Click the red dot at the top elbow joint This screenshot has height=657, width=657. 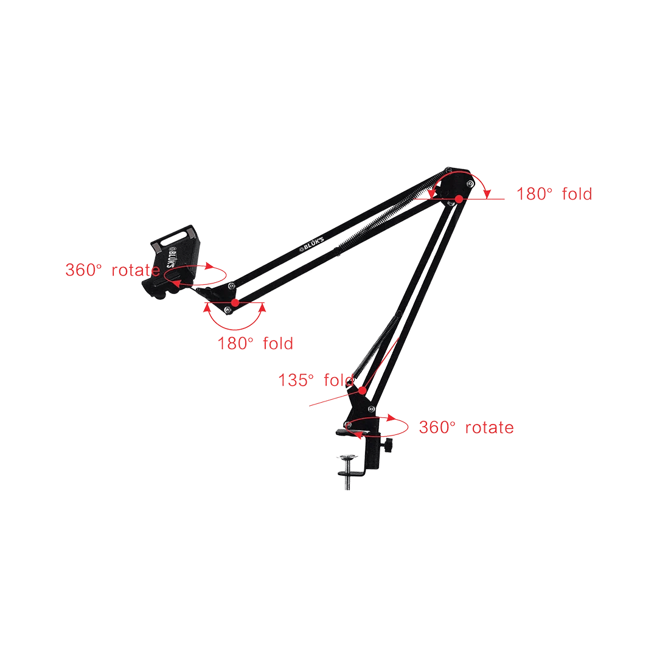click(459, 199)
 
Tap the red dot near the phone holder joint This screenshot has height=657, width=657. click(235, 302)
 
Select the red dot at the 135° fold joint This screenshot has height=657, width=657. click(363, 390)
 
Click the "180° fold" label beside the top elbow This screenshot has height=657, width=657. click(554, 194)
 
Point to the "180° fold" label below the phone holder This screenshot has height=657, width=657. click(255, 344)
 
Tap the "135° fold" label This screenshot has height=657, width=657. click(316, 380)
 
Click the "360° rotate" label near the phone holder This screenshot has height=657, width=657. click(113, 270)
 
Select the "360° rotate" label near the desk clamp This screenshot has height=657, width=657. click(467, 428)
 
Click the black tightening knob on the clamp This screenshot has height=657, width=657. click(388, 445)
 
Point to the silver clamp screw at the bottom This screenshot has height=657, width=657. click(348, 471)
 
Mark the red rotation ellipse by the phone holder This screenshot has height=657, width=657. click(195, 285)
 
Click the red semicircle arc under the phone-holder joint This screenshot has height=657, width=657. click(235, 330)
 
